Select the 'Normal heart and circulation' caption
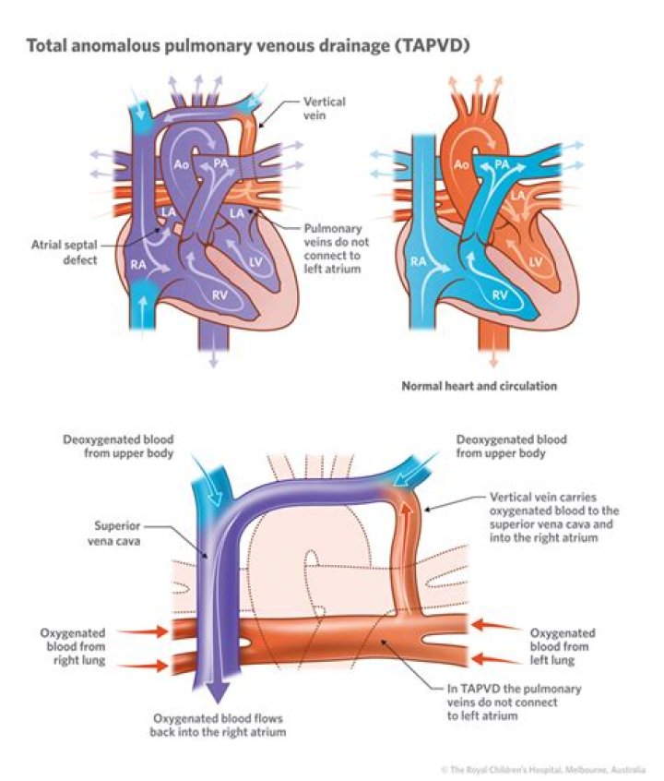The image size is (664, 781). (479, 386)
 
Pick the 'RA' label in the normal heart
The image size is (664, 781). (419, 261)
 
